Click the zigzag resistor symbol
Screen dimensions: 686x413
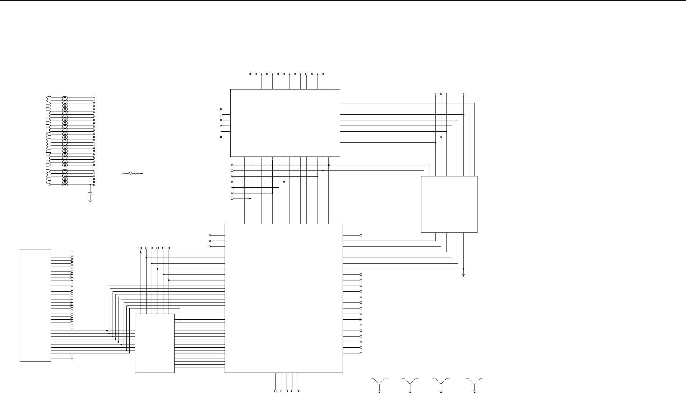tap(132, 174)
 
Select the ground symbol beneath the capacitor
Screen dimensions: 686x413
tap(90, 200)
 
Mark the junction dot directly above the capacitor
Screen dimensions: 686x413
tap(90, 185)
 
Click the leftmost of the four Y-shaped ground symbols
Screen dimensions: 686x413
tap(379, 384)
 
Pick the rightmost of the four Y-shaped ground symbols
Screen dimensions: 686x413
tap(475, 384)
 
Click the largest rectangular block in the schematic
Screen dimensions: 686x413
tap(284, 298)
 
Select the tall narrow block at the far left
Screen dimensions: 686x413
tap(35, 305)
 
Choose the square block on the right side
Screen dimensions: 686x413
tap(449, 204)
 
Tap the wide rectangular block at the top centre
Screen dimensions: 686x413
tap(285, 123)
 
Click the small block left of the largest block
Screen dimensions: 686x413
tap(154, 343)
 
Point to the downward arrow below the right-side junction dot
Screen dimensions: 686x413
tap(463, 275)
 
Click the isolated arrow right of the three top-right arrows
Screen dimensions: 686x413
tap(463, 94)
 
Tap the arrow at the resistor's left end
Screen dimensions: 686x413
tap(123, 174)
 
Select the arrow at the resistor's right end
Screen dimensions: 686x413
tap(142, 174)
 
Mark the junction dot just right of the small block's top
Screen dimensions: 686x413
tap(180, 319)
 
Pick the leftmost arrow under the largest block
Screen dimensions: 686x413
tap(275, 390)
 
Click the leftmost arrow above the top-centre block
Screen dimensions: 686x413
tap(250, 74)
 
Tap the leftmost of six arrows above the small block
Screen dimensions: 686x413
tap(140, 248)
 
